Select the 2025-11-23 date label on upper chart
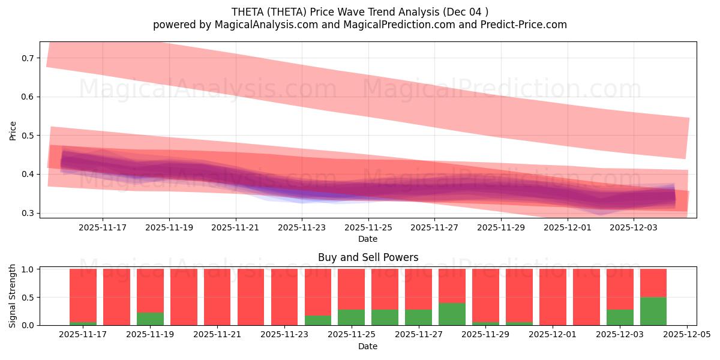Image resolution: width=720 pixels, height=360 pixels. (302, 228)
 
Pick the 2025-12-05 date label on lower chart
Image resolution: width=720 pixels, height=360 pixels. (686, 335)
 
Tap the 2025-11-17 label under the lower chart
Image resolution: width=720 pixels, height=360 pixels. (83, 335)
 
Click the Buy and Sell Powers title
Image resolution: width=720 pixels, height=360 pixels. (368, 257)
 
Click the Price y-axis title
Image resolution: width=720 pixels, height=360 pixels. (13, 131)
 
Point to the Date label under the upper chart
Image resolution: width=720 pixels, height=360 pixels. (368, 239)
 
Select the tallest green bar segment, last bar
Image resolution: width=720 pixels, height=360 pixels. (653, 311)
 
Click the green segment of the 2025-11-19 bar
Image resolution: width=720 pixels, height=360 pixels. (150, 319)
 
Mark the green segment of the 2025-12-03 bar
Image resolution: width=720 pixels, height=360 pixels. (619, 317)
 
